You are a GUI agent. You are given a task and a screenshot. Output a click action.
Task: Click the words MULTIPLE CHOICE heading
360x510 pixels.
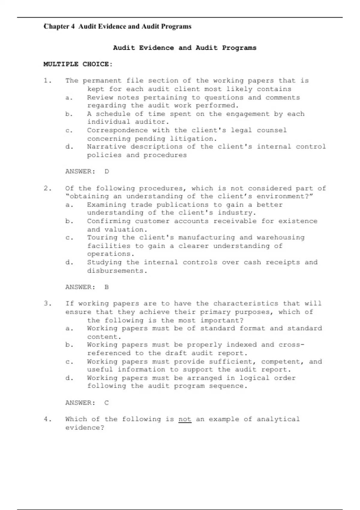78,64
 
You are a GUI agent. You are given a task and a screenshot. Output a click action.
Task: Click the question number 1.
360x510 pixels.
47,81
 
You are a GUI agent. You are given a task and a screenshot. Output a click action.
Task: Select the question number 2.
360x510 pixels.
47,188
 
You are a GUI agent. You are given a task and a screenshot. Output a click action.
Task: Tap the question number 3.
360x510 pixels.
47,304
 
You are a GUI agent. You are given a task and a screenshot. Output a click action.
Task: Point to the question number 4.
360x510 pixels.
47,419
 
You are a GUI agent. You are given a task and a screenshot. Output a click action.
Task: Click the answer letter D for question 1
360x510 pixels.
107,172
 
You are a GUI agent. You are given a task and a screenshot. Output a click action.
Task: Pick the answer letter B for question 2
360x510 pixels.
107,287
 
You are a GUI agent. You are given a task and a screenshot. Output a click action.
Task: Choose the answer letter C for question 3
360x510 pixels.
107,403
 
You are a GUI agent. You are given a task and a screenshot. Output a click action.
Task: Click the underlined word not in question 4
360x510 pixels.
185,419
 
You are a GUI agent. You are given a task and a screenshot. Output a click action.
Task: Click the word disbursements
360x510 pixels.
117,271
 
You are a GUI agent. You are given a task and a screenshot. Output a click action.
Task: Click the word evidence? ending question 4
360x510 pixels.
85,427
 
